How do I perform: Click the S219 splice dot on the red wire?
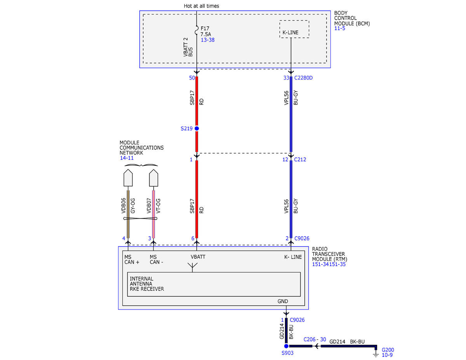(x=196, y=129)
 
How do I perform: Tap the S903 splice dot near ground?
(x=286, y=346)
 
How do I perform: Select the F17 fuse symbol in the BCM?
(x=196, y=30)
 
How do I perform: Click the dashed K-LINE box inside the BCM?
(x=294, y=29)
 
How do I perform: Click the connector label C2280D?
(x=303, y=78)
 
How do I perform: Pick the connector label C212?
(x=300, y=160)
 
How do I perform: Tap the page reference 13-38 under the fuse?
(x=207, y=40)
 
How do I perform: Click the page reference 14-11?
(x=127, y=158)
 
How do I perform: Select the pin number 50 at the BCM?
(x=192, y=78)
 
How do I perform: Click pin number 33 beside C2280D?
(x=286, y=78)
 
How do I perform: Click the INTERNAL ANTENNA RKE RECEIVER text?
(x=147, y=283)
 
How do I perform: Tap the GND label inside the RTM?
(x=283, y=301)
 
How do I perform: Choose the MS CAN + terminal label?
(x=132, y=259)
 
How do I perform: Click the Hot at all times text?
(x=202, y=6)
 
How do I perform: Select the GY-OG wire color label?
(x=133, y=206)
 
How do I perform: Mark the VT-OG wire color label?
(x=158, y=206)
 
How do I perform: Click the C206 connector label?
(x=310, y=339)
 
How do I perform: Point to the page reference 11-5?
(x=340, y=28)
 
